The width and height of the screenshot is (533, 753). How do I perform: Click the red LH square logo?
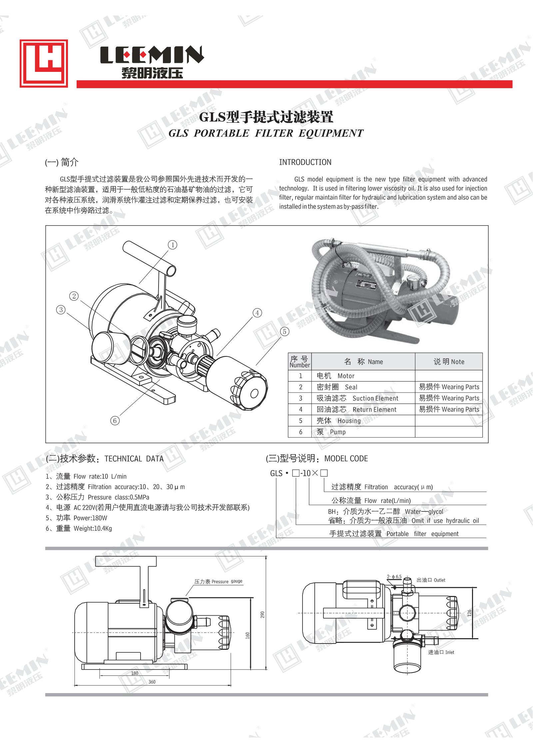tap(44, 64)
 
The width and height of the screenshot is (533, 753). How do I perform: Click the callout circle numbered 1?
tap(172, 245)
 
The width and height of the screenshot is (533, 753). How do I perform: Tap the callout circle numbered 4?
tap(257, 313)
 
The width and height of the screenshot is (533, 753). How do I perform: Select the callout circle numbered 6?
tap(115, 421)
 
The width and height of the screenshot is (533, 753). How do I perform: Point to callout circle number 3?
tap(61, 310)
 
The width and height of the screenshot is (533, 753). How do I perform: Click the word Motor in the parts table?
tap(346, 376)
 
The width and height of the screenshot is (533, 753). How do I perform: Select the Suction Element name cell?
tap(357, 398)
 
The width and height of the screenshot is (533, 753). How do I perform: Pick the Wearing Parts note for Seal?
tap(449, 387)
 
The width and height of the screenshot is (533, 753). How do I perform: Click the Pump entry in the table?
tap(337, 432)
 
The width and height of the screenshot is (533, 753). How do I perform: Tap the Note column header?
tap(449, 362)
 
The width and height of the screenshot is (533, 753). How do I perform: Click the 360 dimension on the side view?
tap(152, 682)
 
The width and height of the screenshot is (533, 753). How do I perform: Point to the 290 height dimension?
tap(262, 615)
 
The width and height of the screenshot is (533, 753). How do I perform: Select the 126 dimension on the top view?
tap(469, 613)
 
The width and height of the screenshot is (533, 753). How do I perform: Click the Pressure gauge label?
tap(218, 581)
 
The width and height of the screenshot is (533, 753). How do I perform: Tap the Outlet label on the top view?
tap(431, 580)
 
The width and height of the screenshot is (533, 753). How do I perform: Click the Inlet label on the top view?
tap(441, 652)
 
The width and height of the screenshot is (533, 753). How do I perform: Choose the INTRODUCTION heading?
tap(305, 162)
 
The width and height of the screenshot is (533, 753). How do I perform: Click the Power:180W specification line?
tap(77, 518)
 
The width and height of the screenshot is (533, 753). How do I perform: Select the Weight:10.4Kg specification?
tap(79, 528)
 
